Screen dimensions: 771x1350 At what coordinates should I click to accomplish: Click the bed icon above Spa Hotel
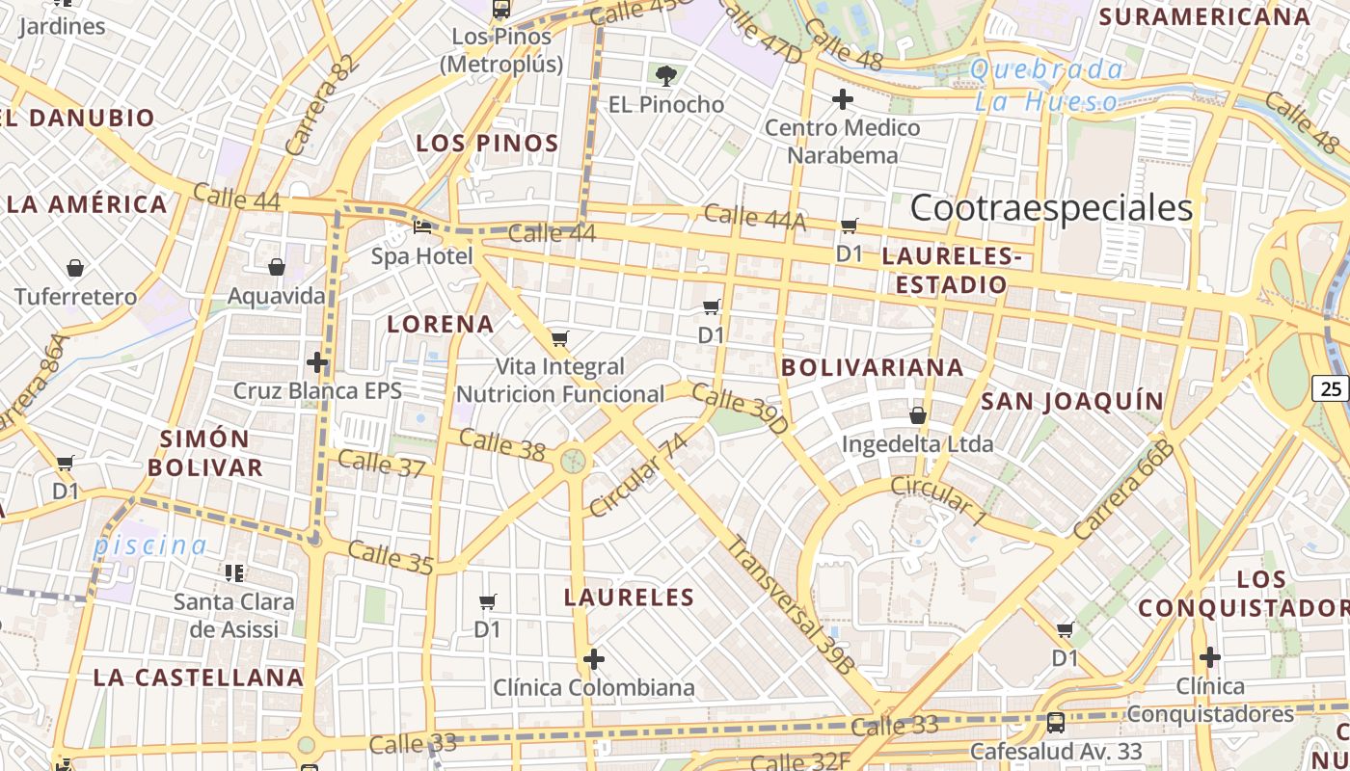[422, 227]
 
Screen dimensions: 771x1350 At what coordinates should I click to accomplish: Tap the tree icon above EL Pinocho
[665, 75]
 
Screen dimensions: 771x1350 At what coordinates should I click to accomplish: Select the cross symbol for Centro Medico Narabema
[843, 99]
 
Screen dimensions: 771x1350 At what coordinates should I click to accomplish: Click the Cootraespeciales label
[1051, 208]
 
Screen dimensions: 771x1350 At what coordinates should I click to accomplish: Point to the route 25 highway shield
[1331, 388]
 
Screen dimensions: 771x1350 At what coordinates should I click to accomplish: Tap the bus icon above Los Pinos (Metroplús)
[500, 10]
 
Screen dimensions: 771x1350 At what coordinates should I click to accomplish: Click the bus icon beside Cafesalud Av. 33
[1056, 722]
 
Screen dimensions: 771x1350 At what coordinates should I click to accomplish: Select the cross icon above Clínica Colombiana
[594, 659]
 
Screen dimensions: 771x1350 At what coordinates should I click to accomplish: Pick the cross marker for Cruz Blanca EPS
[317, 362]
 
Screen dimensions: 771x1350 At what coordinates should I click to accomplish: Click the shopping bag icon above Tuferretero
[75, 268]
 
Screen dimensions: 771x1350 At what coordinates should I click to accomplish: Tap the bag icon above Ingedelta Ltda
[918, 415]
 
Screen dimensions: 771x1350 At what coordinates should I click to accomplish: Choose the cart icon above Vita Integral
[559, 338]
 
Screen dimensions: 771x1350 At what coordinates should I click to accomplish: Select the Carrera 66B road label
[1125, 491]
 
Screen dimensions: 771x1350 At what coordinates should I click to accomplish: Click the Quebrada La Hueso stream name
[1047, 85]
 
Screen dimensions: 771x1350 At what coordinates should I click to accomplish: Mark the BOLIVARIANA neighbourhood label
[873, 367]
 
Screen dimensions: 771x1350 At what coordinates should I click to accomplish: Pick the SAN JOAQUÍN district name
[1072, 401]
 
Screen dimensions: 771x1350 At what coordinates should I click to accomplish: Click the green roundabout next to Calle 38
[574, 460]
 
